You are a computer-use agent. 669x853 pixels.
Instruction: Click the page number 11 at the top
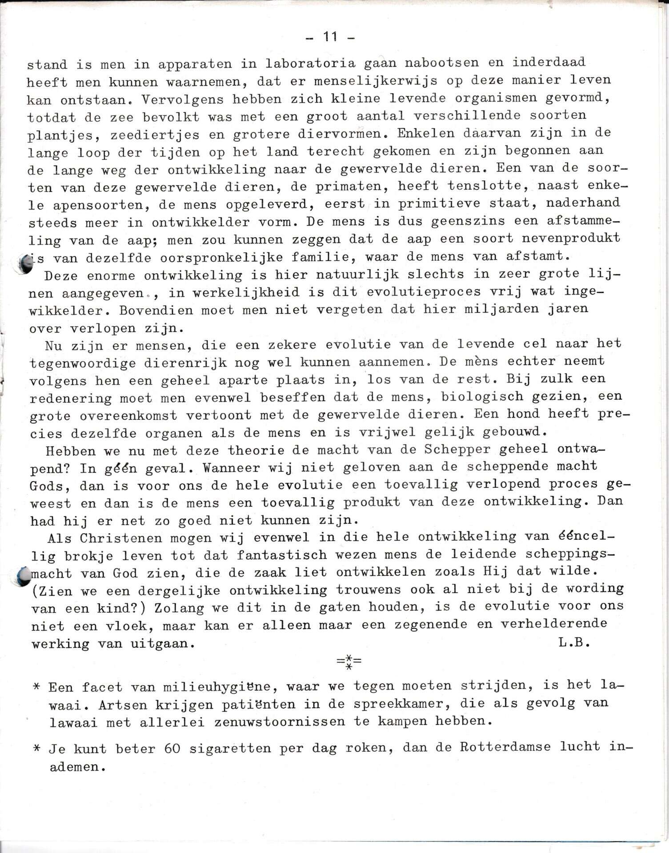(330, 37)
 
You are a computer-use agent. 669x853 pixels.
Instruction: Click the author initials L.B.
(573, 642)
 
